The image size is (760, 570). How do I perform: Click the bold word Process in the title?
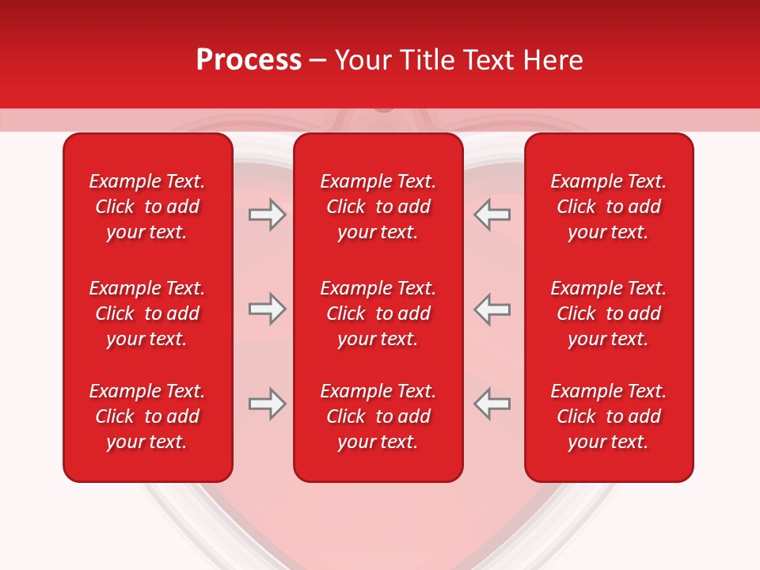click(249, 60)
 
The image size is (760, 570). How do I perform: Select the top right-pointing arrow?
click(267, 215)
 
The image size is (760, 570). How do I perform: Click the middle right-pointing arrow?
click(267, 310)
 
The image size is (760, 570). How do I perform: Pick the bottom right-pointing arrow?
click(267, 404)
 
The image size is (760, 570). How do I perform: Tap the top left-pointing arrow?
click(492, 215)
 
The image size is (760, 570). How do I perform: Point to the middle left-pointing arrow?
click(492, 310)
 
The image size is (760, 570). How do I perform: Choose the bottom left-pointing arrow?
click(492, 404)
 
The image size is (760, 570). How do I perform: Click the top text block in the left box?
click(147, 207)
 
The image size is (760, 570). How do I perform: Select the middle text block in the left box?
click(147, 313)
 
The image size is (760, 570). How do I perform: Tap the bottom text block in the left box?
click(147, 416)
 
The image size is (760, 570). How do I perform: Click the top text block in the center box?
click(378, 207)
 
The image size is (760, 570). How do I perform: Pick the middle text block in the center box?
click(378, 313)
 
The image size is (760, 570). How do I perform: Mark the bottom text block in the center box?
click(378, 416)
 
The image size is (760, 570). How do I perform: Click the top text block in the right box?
click(608, 207)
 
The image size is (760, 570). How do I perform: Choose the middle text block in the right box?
click(608, 313)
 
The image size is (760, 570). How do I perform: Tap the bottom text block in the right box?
click(608, 416)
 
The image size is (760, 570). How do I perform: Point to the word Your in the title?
click(363, 60)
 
